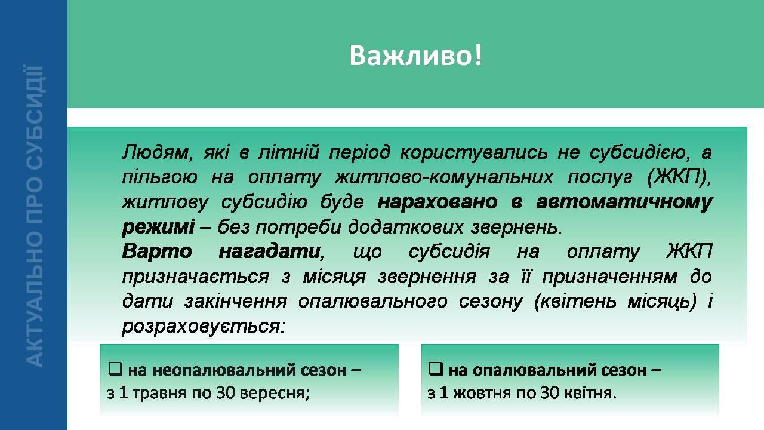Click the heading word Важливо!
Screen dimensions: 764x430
coord(416,56)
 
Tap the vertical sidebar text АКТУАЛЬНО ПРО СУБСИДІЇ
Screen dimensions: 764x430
coord(35,216)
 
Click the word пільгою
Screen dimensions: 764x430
coord(159,178)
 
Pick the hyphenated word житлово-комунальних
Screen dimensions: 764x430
coord(443,177)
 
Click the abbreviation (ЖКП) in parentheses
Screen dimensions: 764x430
coord(679,178)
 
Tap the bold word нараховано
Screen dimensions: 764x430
coord(438,202)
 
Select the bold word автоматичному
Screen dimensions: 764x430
coord(624,202)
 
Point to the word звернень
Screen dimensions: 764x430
coord(516,227)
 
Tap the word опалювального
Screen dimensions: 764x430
coord(373,302)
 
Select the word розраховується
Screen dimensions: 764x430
coord(204,327)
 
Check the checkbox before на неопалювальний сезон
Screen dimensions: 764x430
coord(115,369)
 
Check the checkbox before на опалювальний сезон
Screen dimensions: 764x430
coord(436,369)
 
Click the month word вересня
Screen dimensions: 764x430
coord(275,394)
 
